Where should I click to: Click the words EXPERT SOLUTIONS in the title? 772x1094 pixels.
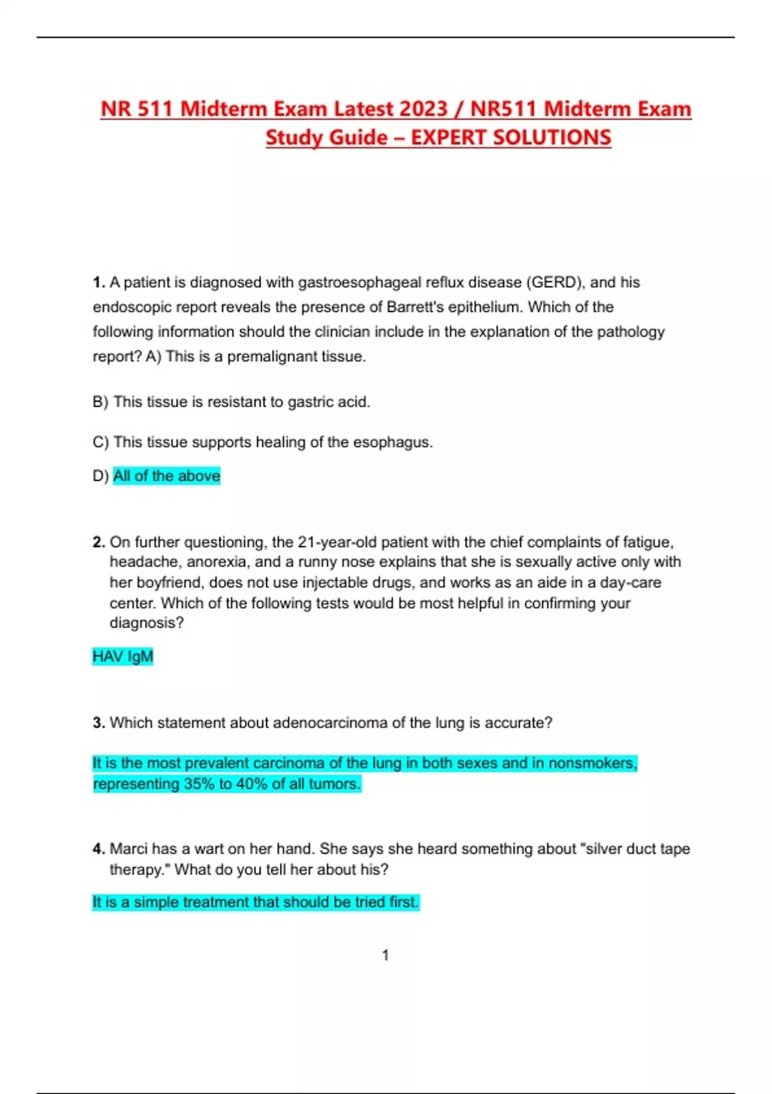tap(511, 138)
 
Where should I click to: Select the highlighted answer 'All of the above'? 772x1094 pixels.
tap(167, 476)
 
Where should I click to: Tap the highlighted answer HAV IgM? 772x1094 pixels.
tap(123, 656)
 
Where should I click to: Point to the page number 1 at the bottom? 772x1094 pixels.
tap(385, 955)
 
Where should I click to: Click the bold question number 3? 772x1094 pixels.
tap(98, 723)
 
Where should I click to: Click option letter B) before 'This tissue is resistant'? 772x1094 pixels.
tap(100, 402)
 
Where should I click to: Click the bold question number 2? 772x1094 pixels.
tap(98, 542)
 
